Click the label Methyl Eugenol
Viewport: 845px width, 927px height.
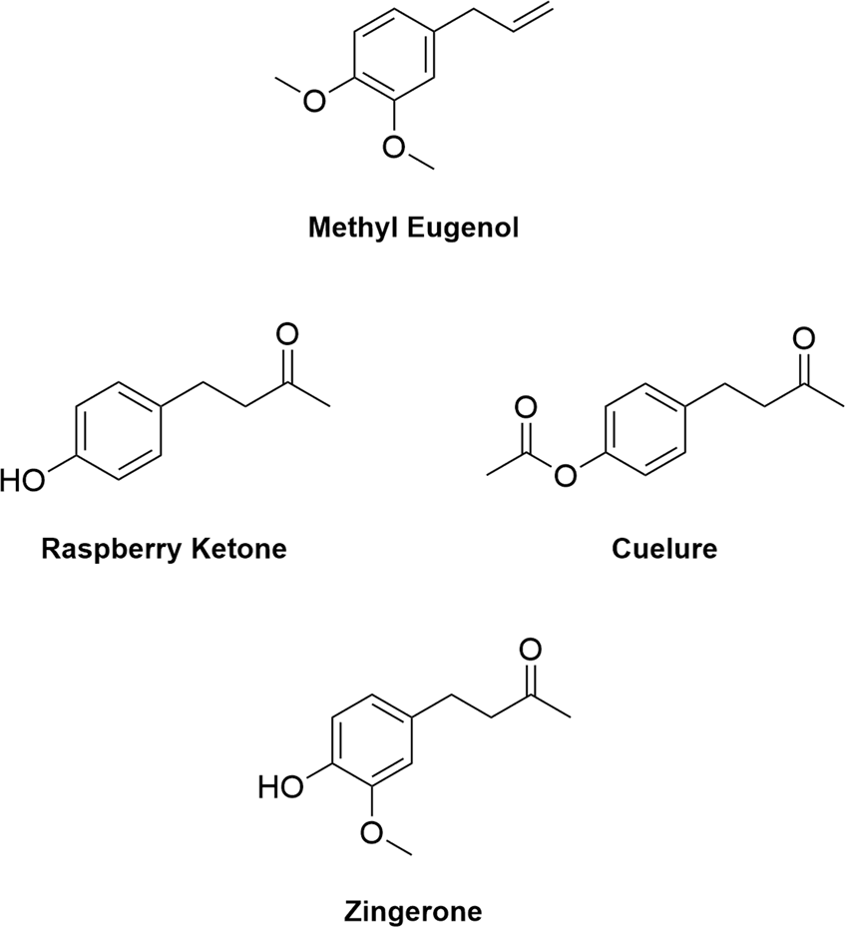tap(414, 229)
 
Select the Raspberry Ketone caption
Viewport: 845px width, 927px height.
tap(165, 548)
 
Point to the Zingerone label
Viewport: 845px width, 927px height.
tap(413, 909)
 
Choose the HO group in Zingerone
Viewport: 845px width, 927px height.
tap(282, 787)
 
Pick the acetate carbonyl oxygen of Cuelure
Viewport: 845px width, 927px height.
tap(526, 408)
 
